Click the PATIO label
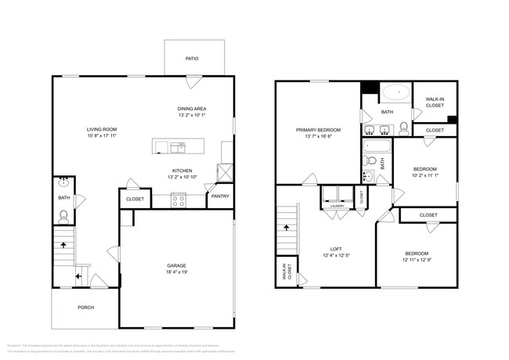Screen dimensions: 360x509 coord(191,58)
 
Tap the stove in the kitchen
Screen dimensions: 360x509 coord(178,200)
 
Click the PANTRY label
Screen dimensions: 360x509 coord(220,196)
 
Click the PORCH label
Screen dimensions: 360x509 coord(85,308)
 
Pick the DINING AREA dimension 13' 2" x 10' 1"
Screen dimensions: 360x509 coord(192,116)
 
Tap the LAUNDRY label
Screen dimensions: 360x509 coord(337,206)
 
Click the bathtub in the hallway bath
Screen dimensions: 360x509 coord(377,146)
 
